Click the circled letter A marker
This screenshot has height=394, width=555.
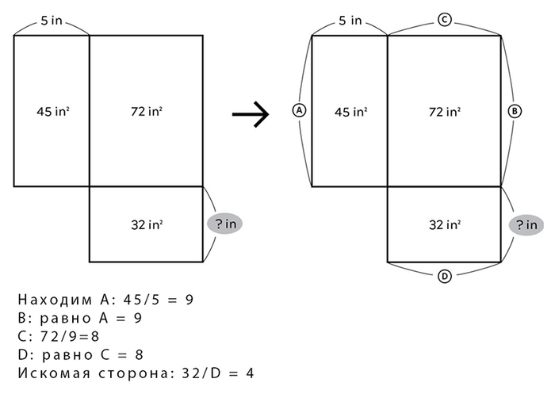click(300, 111)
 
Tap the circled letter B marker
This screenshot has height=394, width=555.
click(515, 112)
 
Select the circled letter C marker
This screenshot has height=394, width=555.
click(445, 20)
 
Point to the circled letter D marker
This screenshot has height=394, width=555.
click(445, 277)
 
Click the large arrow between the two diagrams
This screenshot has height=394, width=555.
click(251, 114)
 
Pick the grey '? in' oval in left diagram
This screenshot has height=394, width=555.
click(224, 224)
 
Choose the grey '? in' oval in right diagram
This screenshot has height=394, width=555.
click(526, 225)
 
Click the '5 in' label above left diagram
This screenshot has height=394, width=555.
click(52, 21)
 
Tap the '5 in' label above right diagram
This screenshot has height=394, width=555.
click(350, 21)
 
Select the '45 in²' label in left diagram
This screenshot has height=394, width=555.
click(53, 112)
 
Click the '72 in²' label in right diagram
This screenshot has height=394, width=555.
click(445, 112)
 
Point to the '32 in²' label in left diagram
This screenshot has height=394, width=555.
click(147, 225)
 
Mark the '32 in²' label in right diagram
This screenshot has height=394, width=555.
click(445, 225)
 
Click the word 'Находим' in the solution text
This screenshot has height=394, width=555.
click(55, 300)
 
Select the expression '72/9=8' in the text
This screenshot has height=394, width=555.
click(70, 336)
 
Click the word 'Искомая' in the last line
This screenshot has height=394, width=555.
click(54, 373)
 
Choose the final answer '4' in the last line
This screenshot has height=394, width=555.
click(250, 373)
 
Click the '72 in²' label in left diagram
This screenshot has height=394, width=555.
click(147, 112)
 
